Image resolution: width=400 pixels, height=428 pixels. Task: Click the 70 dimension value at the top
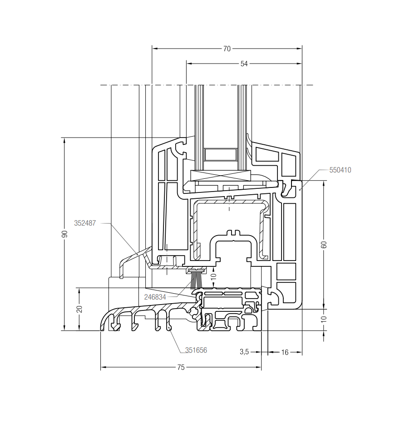tap(227, 49)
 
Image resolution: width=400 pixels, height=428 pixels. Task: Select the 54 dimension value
tap(244, 64)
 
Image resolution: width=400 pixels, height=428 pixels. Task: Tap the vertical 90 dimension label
tap(65, 234)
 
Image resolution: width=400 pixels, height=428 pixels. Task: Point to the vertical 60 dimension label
tap(324, 245)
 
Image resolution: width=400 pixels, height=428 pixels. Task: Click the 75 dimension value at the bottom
tap(181, 367)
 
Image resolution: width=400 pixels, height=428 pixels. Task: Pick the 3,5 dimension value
tap(244, 352)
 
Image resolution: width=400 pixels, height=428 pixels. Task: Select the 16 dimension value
tap(285, 352)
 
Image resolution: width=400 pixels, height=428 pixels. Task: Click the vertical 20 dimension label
tap(79, 309)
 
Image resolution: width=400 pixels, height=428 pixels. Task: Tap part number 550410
tap(340, 170)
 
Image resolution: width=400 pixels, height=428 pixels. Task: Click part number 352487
tap(85, 223)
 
